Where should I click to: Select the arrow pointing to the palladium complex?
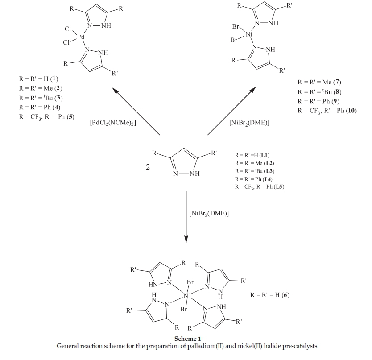click(136, 111)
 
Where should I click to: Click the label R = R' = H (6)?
click(270, 295)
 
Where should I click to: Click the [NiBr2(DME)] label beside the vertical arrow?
click(209, 213)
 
